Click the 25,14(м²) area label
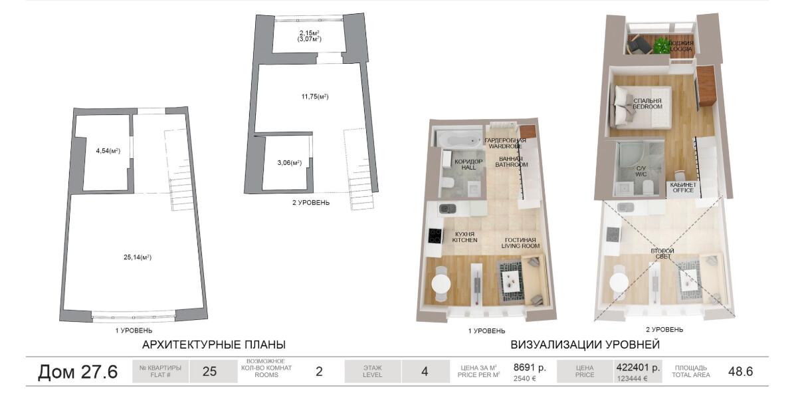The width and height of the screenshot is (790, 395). [138, 257]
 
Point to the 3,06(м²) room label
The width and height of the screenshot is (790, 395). [289, 163]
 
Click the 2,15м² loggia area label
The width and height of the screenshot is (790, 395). [310, 33]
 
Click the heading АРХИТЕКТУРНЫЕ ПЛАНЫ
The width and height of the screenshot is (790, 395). [214, 345]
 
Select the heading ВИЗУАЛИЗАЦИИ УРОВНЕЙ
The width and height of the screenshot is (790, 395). [585, 345]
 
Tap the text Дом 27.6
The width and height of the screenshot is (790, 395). [78, 372]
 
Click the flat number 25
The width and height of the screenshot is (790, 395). [209, 372]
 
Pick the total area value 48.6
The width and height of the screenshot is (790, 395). [740, 372]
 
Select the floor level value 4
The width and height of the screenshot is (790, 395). [424, 372]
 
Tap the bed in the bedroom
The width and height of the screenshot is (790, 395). [641, 106]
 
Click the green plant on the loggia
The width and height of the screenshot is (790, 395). [661, 46]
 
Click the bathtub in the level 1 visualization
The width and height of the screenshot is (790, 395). [458, 137]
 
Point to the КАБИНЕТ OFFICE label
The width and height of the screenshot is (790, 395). [683, 187]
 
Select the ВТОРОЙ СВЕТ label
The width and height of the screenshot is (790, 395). [662, 253]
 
